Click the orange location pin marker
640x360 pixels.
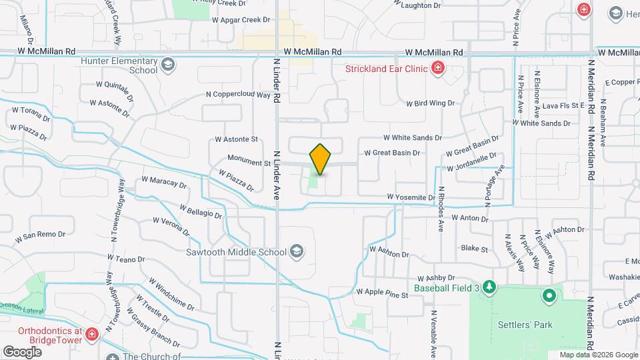321,159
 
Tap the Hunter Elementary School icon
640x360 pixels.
168,65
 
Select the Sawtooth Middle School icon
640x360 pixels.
297,252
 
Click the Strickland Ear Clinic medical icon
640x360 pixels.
437,67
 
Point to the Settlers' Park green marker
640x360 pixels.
549,295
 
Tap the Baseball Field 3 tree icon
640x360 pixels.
490,287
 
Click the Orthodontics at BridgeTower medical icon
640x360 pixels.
91,335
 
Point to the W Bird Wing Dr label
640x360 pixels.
430,103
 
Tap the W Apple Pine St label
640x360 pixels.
381,292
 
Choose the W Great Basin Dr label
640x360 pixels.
392,153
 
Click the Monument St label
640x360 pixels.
248,161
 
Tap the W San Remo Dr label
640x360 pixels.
40,235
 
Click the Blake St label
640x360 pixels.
475,249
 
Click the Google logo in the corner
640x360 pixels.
22,351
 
